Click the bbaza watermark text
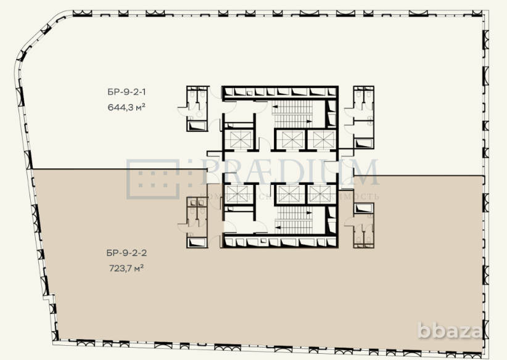(x=450, y=331)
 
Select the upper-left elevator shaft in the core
(x=240, y=140)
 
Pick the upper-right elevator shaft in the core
(x=321, y=140)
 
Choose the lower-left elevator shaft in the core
(x=240, y=194)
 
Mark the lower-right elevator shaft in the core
(x=321, y=194)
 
